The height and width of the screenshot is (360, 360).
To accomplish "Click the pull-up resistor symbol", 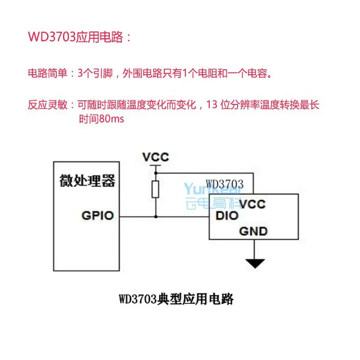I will coord(156,189).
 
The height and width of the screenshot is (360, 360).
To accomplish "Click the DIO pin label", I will coord(227,216).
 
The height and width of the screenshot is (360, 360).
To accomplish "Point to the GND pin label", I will coord(253,232).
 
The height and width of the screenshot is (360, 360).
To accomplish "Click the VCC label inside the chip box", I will coord(252,204).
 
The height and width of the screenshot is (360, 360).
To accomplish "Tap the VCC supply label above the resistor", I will coord(156,157).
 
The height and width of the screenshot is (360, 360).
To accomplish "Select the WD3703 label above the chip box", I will coord(225,184).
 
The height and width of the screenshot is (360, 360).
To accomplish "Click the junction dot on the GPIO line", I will coord(156,216).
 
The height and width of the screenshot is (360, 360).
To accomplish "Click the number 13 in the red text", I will coord(212,105).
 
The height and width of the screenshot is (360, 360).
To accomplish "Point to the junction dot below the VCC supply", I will coord(156,173).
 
